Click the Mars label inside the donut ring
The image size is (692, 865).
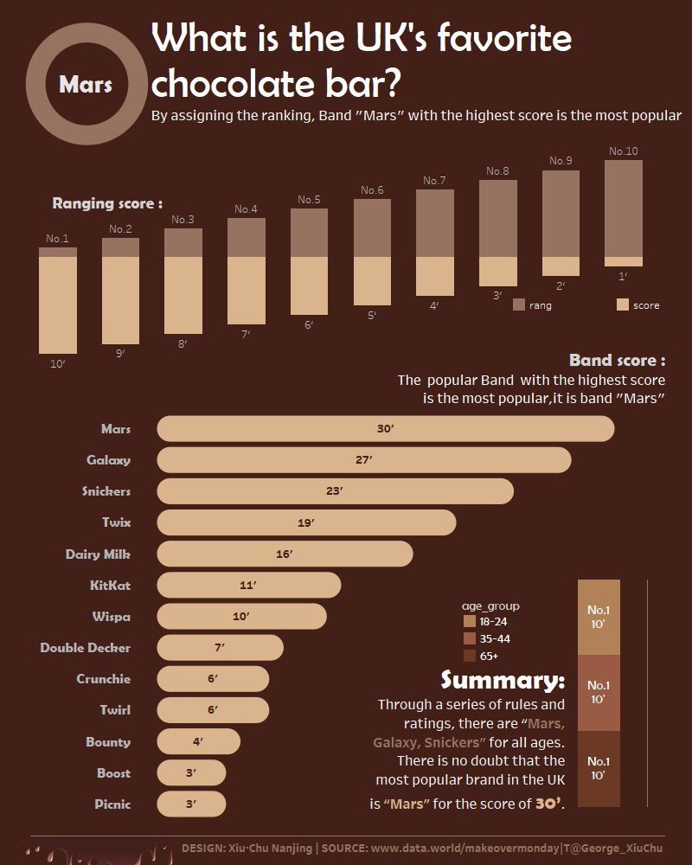pos(86,86)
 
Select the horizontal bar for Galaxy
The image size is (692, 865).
pos(363,460)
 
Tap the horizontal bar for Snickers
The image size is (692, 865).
pos(335,491)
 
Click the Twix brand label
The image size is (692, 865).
pos(116,522)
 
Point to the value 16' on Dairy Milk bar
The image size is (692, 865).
pos(285,554)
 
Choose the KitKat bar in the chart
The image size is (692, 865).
pos(248,585)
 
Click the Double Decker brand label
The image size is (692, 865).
pos(86,647)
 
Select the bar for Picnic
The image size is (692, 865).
pos(190,804)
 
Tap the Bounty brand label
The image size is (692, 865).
pos(108,741)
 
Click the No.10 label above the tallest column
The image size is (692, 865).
pos(623,151)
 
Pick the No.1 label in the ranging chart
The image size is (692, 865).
pos(57,239)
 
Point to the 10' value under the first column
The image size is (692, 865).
pos(58,364)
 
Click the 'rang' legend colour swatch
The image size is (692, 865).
pos(519,304)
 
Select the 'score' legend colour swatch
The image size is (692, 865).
pos(623,304)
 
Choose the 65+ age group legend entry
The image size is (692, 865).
pos(484,656)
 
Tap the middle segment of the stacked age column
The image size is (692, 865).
pos(599,693)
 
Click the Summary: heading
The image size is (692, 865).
pos(503,680)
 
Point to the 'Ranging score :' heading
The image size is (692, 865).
pos(107,204)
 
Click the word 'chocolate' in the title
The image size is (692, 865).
pos(243,84)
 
